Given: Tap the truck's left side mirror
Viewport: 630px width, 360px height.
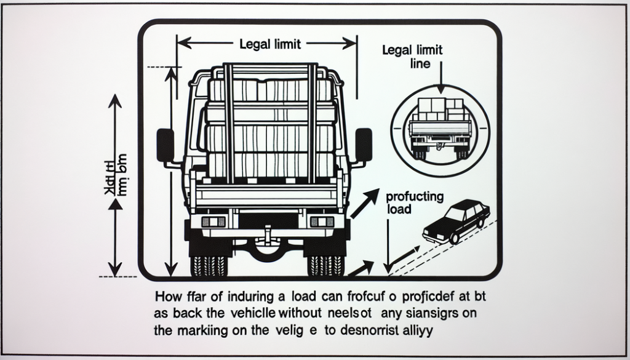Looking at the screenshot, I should (165, 145).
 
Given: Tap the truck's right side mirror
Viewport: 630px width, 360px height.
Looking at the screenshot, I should (364, 145).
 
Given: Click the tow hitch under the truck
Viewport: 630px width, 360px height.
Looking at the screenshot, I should (266, 235).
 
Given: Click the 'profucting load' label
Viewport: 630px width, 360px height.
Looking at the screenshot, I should (414, 202).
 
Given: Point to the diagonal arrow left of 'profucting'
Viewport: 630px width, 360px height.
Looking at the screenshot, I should (364, 204).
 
